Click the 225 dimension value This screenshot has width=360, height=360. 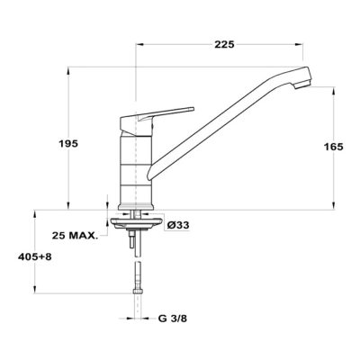pyautogui.click(x=224, y=45)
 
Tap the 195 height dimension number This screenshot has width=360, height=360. pyautogui.click(x=68, y=144)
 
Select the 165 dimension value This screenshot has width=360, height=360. pyautogui.click(x=333, y=147)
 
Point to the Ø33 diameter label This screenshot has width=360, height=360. pyautogui.click(x=178, y=225)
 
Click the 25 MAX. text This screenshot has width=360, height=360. pyautogui.click(x=75, y=236)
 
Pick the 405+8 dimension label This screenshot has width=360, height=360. pyautogui.click(x=35, y=257)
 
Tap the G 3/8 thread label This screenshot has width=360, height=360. pyautogui.click(x=173, y=319)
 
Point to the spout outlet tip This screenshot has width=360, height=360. pyautogui.click(x=302, y=85)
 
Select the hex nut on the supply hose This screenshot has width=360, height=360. pyautogui.click(x=138, y=291)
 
